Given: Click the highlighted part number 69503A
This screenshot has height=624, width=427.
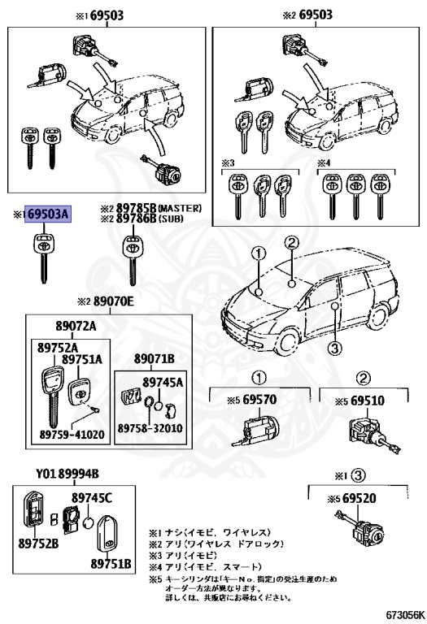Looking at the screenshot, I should click(48, 214).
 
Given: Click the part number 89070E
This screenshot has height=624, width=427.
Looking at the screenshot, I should click(121, 301).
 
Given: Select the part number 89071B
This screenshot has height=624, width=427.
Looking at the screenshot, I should click(155, 357).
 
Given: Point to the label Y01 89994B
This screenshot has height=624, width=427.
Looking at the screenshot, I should click(67, 474).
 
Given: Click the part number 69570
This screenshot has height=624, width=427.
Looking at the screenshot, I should click(260, 401).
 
